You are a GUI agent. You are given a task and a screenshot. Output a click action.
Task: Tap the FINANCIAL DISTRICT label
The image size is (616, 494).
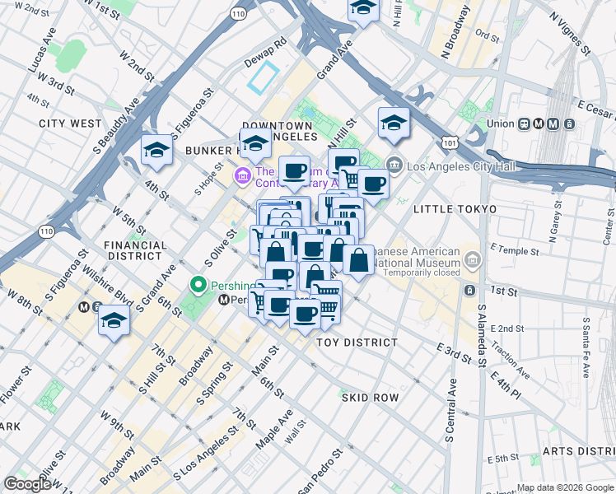136,252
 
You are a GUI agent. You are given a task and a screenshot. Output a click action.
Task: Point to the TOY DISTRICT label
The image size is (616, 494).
358,342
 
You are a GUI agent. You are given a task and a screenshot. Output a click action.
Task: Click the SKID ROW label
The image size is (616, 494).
371,398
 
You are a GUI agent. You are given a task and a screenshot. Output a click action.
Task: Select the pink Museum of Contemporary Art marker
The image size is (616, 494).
243,175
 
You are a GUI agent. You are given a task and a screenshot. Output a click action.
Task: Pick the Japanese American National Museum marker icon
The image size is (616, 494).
473,261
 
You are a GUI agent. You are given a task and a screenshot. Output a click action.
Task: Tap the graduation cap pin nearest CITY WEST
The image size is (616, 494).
156,150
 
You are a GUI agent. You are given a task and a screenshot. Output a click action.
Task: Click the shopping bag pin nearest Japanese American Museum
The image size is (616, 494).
359,262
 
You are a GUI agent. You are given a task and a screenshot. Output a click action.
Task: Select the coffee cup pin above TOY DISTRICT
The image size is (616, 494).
306,314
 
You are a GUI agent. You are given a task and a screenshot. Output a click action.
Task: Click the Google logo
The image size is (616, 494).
27,484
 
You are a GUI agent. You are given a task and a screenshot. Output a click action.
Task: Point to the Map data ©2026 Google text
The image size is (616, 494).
565,487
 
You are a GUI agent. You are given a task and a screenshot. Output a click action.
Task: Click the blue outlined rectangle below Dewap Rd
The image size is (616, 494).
264,78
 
